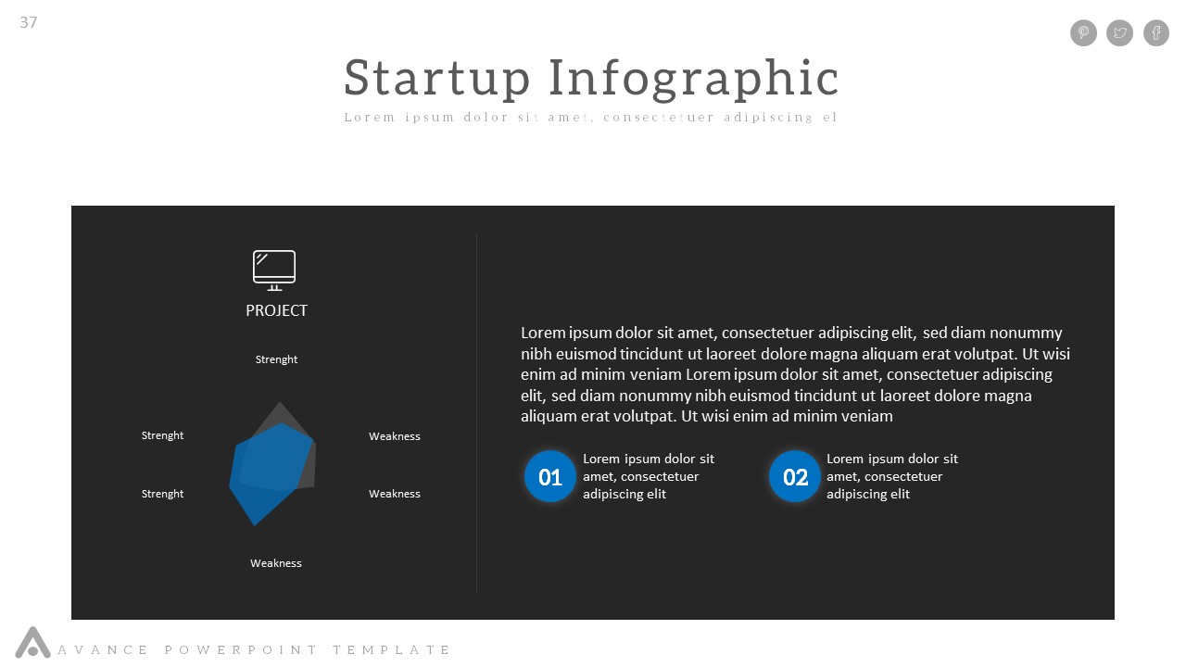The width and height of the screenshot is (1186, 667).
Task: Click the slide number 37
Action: [29, 22]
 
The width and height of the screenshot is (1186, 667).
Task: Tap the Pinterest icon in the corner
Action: [1083, 33]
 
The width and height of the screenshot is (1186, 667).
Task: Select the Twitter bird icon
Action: [1120, 33]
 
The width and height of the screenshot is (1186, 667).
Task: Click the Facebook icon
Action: [1156, 33]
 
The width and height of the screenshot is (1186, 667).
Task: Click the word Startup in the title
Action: [436, 78]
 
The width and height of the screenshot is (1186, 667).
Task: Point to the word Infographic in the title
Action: [694, 78]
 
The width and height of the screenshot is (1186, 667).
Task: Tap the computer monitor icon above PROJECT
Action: [274, 270]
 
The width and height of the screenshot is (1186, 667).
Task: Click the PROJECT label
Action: [276, 310]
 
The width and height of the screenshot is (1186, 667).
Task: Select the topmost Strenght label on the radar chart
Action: [276, 359]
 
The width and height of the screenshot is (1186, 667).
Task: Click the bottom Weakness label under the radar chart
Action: [276, 563]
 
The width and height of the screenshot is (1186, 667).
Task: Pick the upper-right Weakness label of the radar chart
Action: [395, 436]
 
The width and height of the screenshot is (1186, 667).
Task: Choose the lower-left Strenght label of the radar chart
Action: [162, 494]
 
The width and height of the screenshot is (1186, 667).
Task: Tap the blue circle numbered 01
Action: [550, 476]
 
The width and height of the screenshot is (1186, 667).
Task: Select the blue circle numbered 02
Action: [795, 476]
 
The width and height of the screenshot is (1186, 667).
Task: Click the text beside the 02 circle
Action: [891, 476]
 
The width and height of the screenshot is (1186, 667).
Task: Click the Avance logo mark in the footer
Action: [32, 643]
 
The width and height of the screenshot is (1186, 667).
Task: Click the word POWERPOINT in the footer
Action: [241, 650]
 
